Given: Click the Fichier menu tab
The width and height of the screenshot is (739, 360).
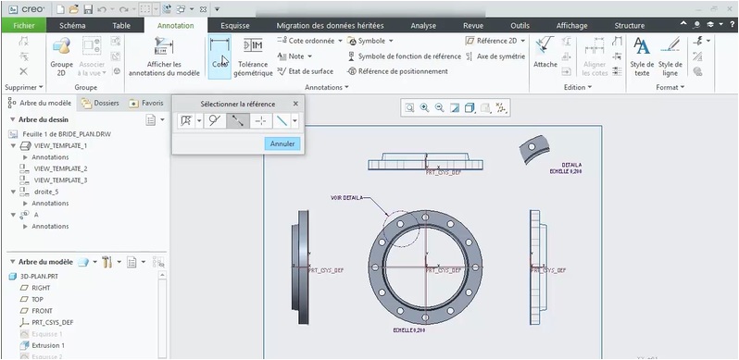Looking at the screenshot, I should tap(22, 26).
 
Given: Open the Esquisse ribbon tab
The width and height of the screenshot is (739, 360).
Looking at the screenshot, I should tap(235, 26).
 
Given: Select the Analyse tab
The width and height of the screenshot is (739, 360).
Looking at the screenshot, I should tap(423, 26).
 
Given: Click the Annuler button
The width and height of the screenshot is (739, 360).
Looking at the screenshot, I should tap(282, 143).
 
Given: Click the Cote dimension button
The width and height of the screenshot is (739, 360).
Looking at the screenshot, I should tap(219, 55).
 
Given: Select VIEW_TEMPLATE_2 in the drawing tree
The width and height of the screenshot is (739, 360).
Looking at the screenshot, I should tap(60, 168).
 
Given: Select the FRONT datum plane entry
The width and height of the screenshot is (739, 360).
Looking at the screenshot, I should tap(42, 311).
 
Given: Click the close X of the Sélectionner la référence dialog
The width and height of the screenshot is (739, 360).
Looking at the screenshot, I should tap(295, 104).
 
